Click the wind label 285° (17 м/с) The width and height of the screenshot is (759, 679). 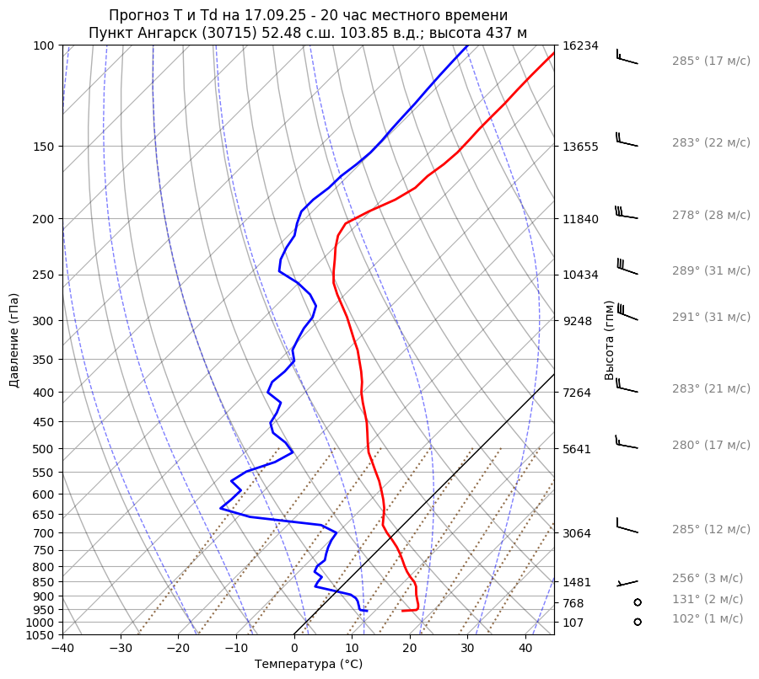[710, 61]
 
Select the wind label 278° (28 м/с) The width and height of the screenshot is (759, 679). [710, 216]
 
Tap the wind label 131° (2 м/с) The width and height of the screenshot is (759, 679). [707, 600]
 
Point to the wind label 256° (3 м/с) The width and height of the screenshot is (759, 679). [707, 579]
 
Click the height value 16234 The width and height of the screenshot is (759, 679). [579, 45]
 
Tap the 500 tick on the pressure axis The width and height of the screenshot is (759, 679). [45, 449]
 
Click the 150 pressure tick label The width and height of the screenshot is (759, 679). [45, 147]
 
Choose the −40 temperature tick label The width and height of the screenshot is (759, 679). [62, 649]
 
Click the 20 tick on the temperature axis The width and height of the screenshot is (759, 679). [410, 649]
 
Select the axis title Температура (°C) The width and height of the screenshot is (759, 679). [308, 665]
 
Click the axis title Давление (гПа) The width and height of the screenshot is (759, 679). [14, 340]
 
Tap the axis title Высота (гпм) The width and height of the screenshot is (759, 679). [610, 339]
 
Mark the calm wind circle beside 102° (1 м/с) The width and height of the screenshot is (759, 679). [637, 622]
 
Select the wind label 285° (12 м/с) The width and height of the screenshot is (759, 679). [710, 530]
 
